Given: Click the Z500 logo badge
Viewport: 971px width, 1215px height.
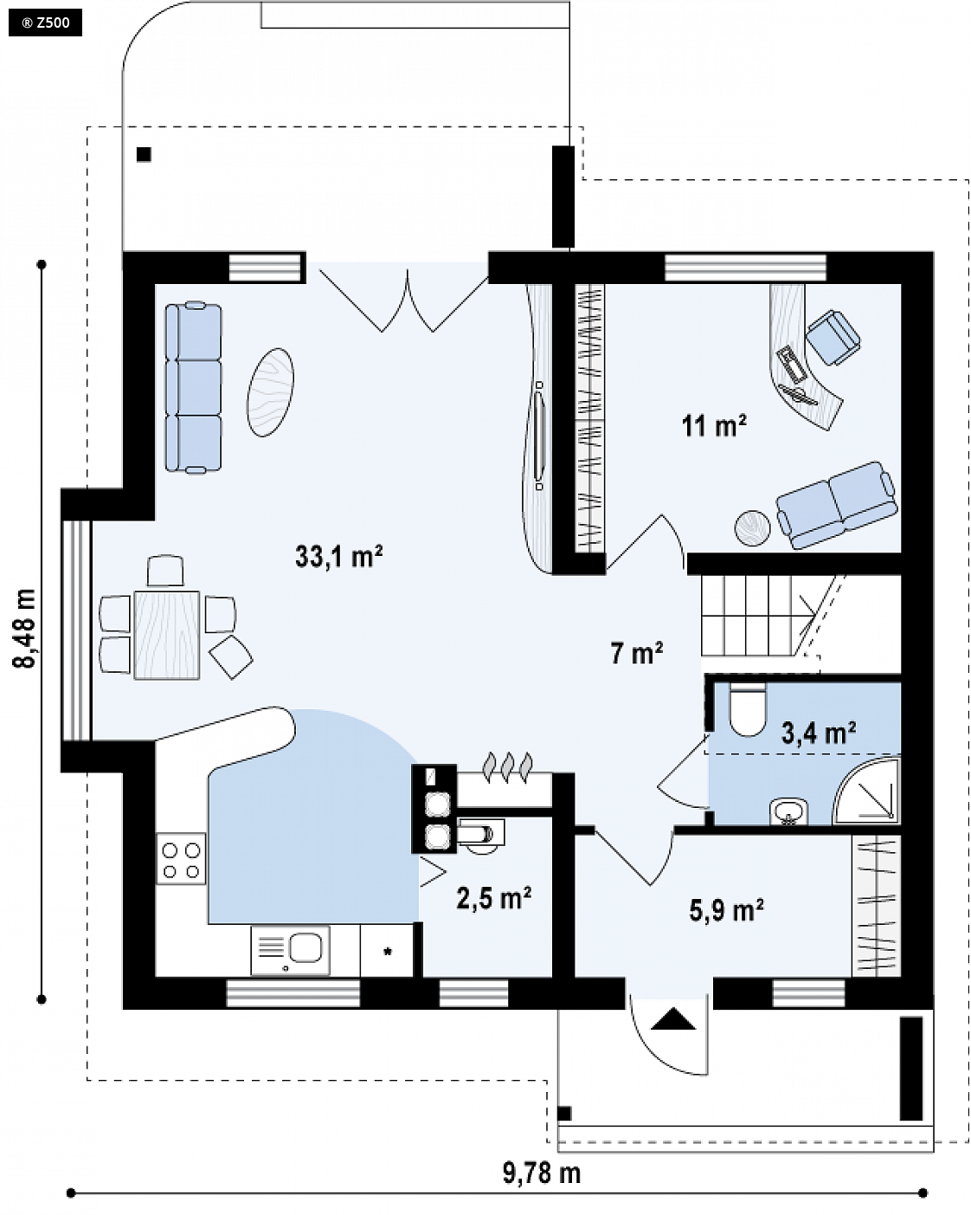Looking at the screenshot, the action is click(45, 23).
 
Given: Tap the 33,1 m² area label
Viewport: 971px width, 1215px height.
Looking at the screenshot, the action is click(339, 556).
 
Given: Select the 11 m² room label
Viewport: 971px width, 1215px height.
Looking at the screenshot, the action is click(714, 426).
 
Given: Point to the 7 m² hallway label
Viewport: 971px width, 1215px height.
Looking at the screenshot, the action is click(636, 653).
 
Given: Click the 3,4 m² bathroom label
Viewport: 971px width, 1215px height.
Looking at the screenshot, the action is click(818, 733).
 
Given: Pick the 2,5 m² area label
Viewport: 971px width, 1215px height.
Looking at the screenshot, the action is click(493, 898).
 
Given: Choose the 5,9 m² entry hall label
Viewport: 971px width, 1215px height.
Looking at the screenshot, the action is click(727, 910).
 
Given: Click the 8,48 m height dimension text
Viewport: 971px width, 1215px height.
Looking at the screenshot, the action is click(25, 629).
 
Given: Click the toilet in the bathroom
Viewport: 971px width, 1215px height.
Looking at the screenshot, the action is click(748, 709).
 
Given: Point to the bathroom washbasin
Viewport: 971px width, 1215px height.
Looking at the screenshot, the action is click(788, 812).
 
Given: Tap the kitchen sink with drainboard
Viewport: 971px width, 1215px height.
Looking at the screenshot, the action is click(290, 950).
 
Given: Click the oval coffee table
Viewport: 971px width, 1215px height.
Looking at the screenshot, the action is click(270, 392).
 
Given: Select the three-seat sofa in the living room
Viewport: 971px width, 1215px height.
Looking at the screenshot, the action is click(193, 387).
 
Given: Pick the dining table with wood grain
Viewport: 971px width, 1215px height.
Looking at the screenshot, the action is click(167, 635).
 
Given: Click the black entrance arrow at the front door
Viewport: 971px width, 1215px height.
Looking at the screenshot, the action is click(673, 1019).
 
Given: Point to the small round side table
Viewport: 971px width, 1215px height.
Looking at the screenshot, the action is click(752, 528).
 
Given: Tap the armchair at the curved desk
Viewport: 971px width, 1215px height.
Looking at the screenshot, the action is click(833, 337).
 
